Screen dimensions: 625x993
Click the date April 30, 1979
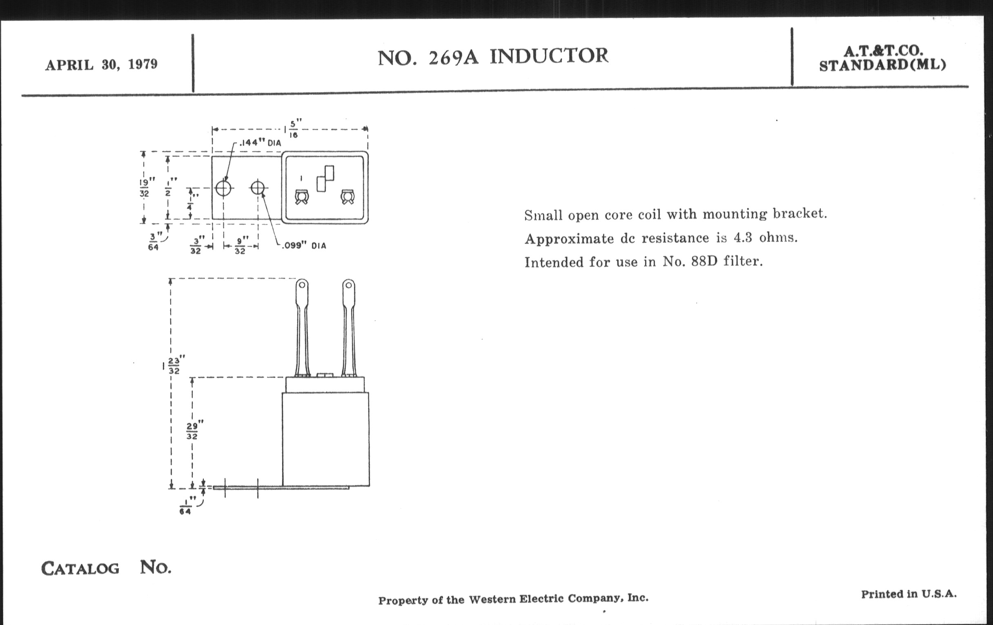click(x=101, y=65)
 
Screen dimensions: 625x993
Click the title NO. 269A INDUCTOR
click(x=493, y=56)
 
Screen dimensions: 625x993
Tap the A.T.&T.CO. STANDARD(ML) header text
click(x=882, y=58)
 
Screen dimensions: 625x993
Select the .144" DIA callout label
click(x=260, y=143)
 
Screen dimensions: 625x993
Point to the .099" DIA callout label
click(x=304, y=246)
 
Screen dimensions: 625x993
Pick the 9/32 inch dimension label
click(x=240, y=246)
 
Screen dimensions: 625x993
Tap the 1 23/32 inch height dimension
click(x=174, y=365)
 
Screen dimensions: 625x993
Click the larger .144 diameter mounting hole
click(x=223, y=188)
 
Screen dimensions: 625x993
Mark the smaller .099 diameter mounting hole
click(x=258, y=188)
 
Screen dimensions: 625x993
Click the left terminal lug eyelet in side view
click(x=302, y=285)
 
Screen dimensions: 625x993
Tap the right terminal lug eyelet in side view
click(x=348, y=285)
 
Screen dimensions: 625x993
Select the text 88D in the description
click(x=704, y=261)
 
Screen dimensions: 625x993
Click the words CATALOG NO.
click(x=106, y=568)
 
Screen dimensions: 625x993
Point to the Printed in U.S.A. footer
click(x=908, y=594)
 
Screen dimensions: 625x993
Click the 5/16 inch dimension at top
click(x=293, y=129)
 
